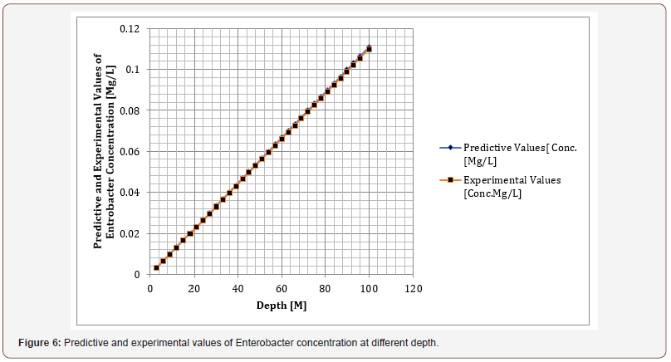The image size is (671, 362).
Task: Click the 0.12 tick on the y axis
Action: pyautogui.click(x=130, y=29)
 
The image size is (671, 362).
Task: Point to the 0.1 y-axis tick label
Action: pyautogui.click(x=133, y=70)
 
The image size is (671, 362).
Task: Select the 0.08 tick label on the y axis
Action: pyautogui.click(x=130, y=110)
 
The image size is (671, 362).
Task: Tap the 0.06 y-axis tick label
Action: pyautogui.click(x=130, y=151)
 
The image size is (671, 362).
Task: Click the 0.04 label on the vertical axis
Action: pyautogui.click(x=130, y=193)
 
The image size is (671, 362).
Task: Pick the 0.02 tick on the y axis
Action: pyautogui.click(x=130, y=233)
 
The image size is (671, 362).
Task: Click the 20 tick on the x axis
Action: pyautogui.click(x=193, y=289)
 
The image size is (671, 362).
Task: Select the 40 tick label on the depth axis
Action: pyautogui.click(x=238, y=289)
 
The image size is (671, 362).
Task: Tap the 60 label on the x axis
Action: pyautogui.click(x=282, y=289)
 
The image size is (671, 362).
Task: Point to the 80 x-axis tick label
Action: pyautogui.click(x=326, y=289)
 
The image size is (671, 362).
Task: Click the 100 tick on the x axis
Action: pyautogui.click(x=370, y=289)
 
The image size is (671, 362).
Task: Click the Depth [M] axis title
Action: pyautogui.click(x=282, y=306)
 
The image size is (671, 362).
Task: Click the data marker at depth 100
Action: pyautogui.click(x=369, y=49)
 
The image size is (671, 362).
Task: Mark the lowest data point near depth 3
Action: pyautogui.click(x=156, y=267)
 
